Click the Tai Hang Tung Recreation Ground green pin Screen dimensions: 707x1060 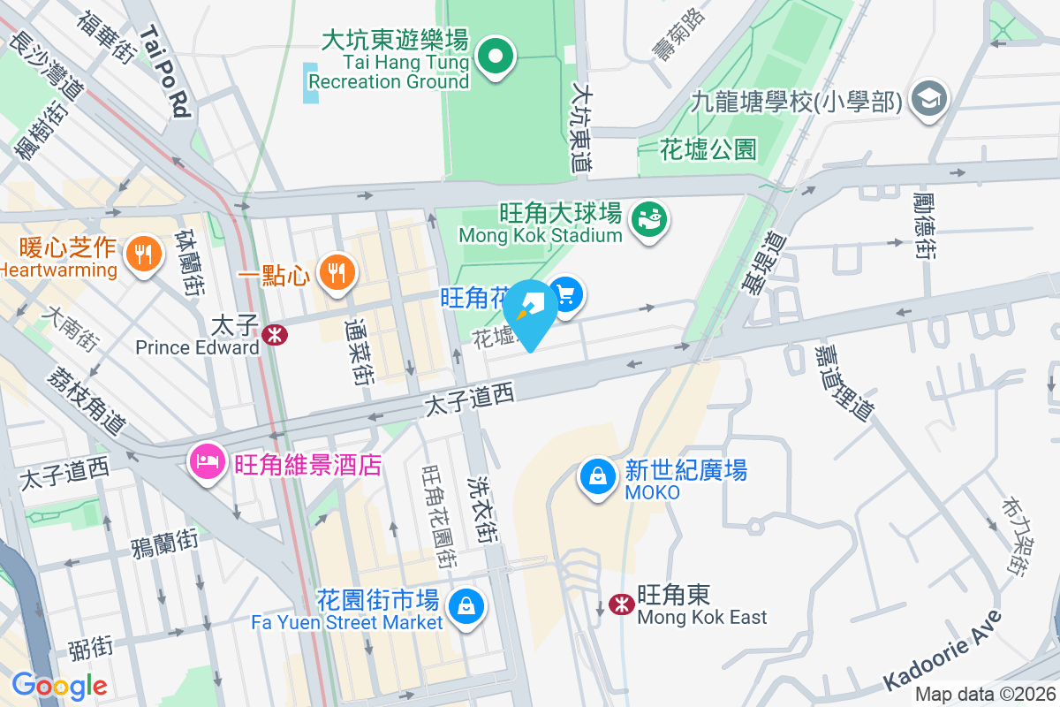click(x=496, y=58)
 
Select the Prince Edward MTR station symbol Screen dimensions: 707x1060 click(x=274, y=334)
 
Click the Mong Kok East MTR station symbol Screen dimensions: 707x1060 click(x=622, y=604)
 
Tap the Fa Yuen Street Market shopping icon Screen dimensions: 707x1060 click(x=466, y=606)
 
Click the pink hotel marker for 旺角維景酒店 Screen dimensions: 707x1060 click(x=209, y=461)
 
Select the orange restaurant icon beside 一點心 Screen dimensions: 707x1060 click(x=336, y=272)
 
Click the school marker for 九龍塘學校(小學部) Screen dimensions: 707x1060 click(x=930, y=98)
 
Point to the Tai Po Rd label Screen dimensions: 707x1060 click(x=166, y=72)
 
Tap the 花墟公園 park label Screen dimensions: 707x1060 click(x=708, y=149)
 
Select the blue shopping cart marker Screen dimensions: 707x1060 click(x=565, y=295)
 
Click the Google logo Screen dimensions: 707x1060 click(x=59, y=686)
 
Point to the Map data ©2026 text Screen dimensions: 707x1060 click(x=984, y=695)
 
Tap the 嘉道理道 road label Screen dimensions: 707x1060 click(x=844, y=382)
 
